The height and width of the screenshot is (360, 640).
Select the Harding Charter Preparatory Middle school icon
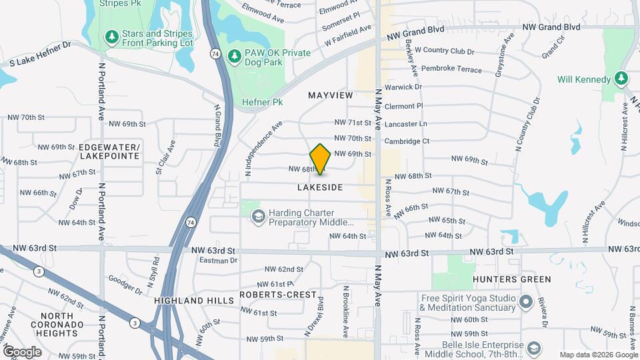click(258, 217)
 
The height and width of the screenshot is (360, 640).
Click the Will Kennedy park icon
click(621, 79)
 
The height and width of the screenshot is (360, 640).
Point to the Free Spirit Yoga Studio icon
click(526, 302)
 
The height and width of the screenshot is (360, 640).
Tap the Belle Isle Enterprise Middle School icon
click(534, 348)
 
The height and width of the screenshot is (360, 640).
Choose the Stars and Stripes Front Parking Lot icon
click(112, 35)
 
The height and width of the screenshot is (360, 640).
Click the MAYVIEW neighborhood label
click(330, 95)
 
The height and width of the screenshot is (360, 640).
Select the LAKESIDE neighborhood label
click(320, 187)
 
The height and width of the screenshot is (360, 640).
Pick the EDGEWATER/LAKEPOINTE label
click(109, 151)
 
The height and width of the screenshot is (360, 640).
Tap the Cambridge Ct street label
click(407, 141)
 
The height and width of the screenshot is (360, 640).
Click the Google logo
click(22, 351)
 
